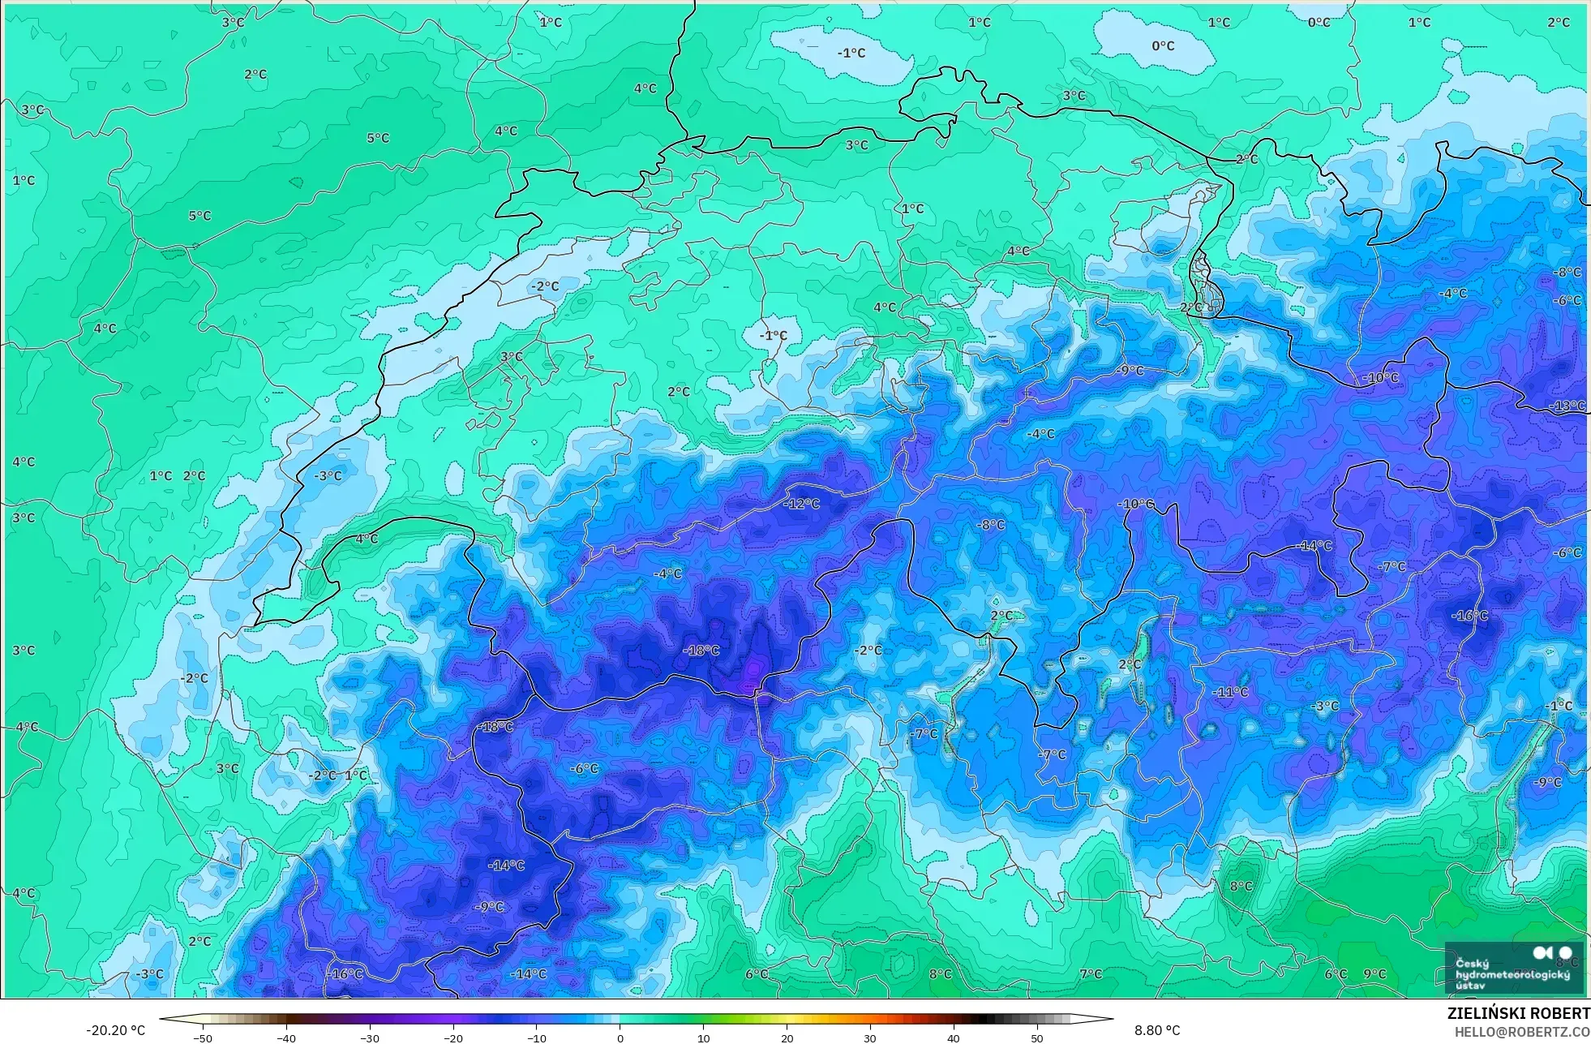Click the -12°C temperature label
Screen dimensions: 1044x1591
pyautogui.click(x=801, y=504)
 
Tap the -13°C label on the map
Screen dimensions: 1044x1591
pyautogui.click(x=1567, y=406)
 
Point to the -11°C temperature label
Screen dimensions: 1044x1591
pyautogui.click(x=1230, y=692)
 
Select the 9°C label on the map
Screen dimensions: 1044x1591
pyautogui.click(x=1374, y=973)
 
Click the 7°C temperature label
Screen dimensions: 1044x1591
pyautogui.click(x=1091, y=973)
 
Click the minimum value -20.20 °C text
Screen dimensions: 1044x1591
pyautogui.click(x=115, y=1030)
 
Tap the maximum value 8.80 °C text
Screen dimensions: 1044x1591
pyautogui.click(x=1157, y=1030)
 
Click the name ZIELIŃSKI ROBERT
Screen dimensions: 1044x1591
pyautogui.click(x=1518, y=1013)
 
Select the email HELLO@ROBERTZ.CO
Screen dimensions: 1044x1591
pyautogui.click(x=1521, y=1032)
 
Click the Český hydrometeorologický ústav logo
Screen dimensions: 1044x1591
pyautogui.click(x=1513, y=968)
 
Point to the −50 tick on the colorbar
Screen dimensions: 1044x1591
pyautogui.click(x=203, y=1038)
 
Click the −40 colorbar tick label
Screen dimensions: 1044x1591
pyautogui.click(x=286, y=1038)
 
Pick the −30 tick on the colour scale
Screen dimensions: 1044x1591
pyautogui.click(x=370, y=1038)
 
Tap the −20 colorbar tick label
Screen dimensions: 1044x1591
pyautogui.click(x=453, y=1038)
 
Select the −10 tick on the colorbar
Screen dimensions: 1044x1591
pyautogui.click(x=537, y=1038)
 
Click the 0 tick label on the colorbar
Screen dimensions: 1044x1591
pyautogui.click(x=620, y=1038)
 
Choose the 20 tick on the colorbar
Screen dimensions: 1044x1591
pyautogui.click(x=787, y=1038)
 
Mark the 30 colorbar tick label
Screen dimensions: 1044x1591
pyautogui.click(x=870, y=1038)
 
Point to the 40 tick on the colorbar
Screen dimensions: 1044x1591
pyautogui.click(x=954, y=1038)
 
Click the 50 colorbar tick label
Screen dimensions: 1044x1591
pyautogui.click(x=1037, y=1038)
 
